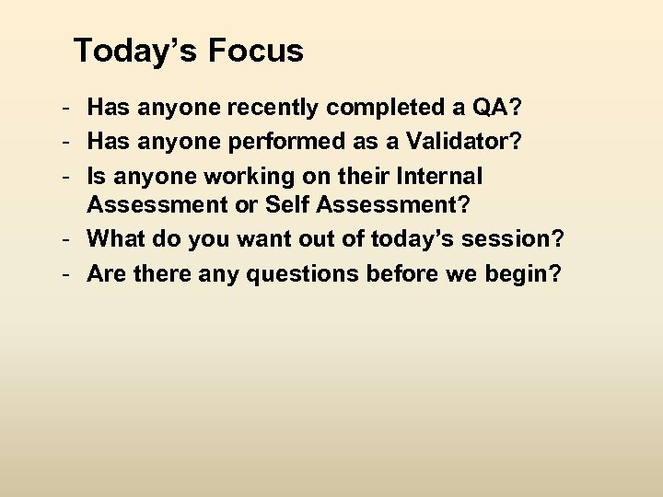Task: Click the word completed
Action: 383,109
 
